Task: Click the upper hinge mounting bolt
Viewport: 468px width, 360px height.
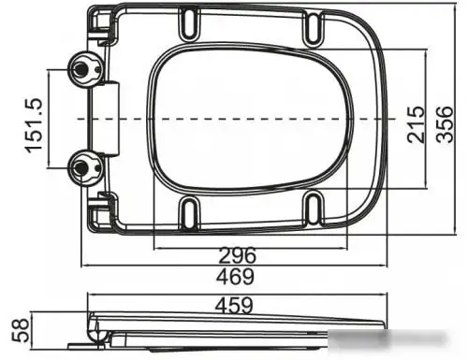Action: coord(82,67)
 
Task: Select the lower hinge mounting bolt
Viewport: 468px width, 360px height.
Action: coord(82,167)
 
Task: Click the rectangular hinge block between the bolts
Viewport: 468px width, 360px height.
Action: coord(111,118)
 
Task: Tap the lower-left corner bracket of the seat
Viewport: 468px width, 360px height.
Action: coord(103,208)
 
